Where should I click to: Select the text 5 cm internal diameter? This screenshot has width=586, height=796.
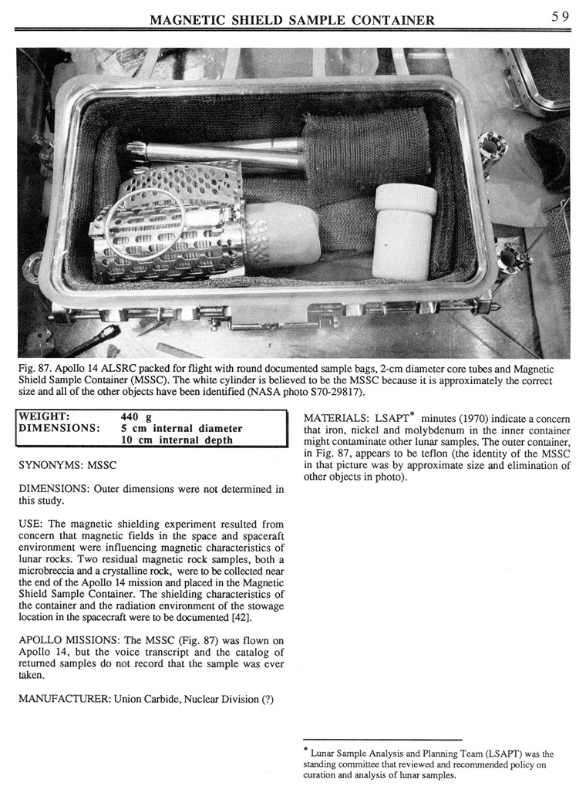pyautogui.click(x=181, y=429)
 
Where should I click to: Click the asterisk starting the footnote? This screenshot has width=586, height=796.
pyautogui.click(x=306, y=750)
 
